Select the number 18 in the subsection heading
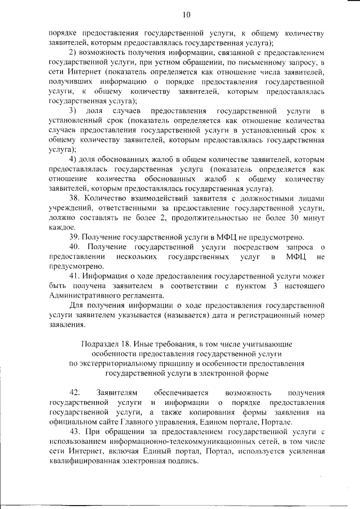(x=127, y=343)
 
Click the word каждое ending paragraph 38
(x=62, y=227)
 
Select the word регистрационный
(x=269, y=315)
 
